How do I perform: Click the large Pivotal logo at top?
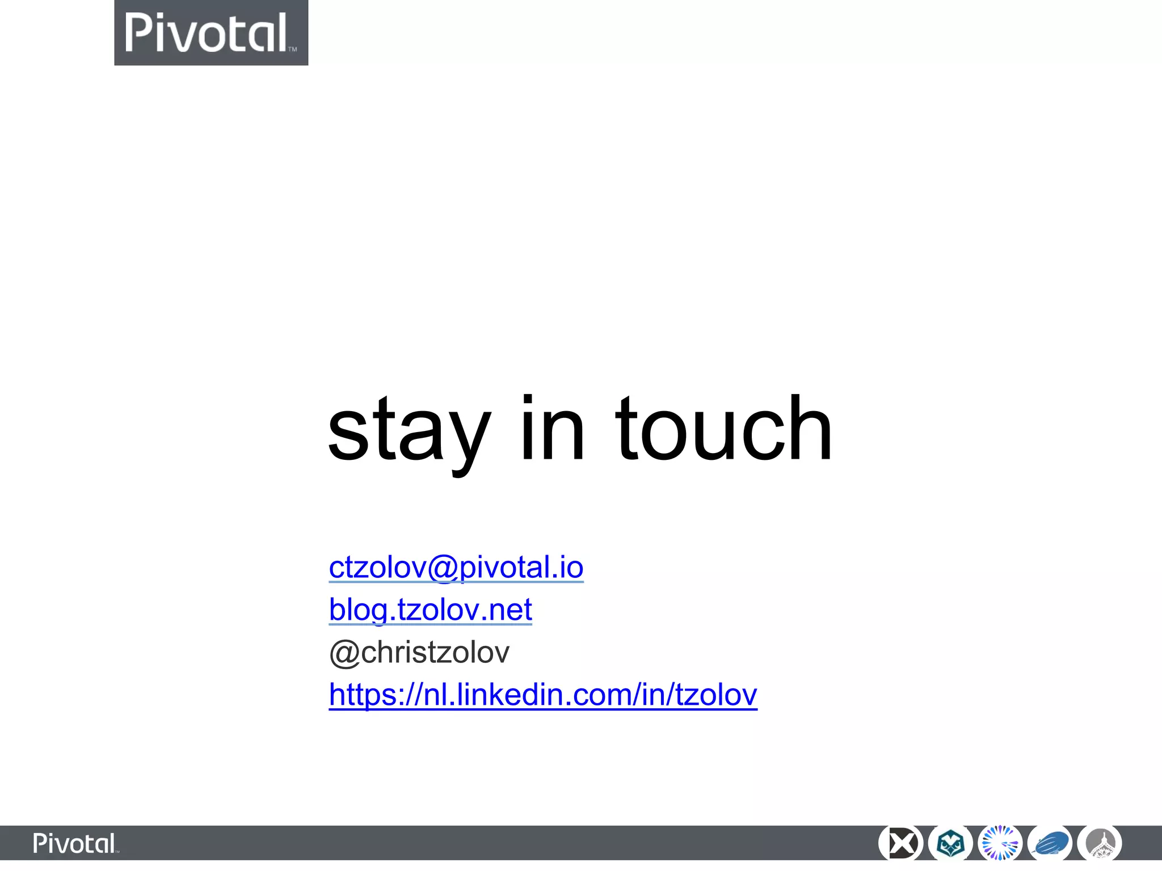click(x=211, y=33)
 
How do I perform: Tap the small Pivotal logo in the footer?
click(x=75, y=843)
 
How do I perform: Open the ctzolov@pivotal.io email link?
click(x=456, y=567)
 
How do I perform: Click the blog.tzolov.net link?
click(x=430, y=610)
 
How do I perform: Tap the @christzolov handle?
click(x=419, y=652)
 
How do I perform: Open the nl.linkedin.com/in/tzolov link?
click(x=542, y=695)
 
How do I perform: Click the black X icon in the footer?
click(x=900, y=843)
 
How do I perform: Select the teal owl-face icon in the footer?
click(x=950, y=843)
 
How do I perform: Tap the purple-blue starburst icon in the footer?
click(x=1000, y=843)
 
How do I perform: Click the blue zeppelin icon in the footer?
click(x=1050, y=843)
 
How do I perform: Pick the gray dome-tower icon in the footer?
click(x=1100, y=843)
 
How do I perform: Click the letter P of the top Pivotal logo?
click(x=138, y=33)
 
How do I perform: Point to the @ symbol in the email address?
click(x=443, y=568)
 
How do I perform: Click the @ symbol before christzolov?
click(x=344, y=653)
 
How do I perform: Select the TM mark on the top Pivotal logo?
click(x=293, y=50)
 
